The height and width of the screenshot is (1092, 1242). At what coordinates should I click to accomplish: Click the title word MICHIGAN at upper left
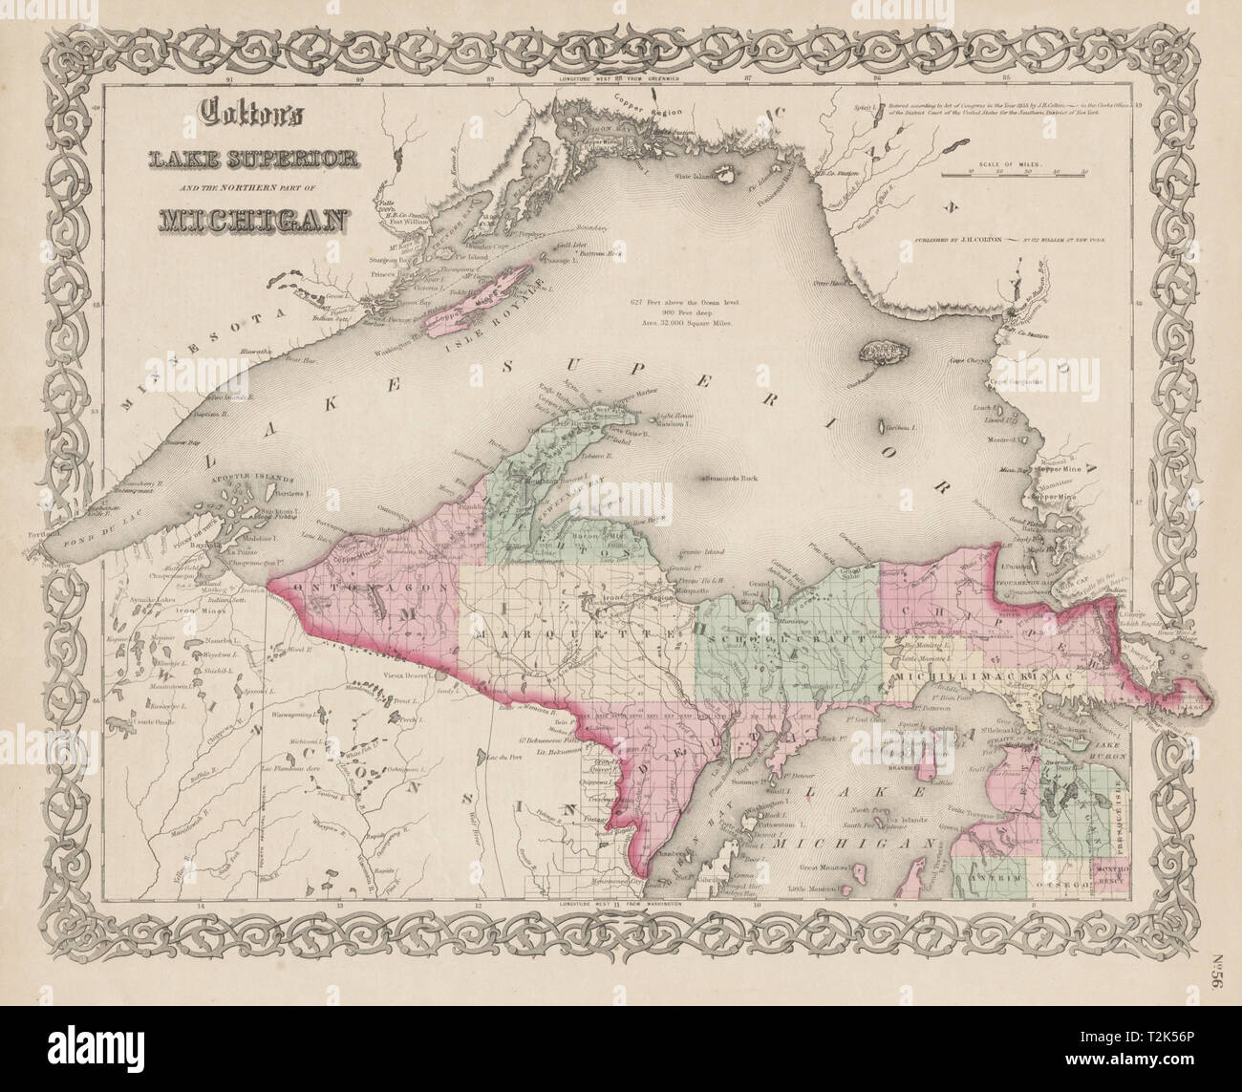pos(239,220)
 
